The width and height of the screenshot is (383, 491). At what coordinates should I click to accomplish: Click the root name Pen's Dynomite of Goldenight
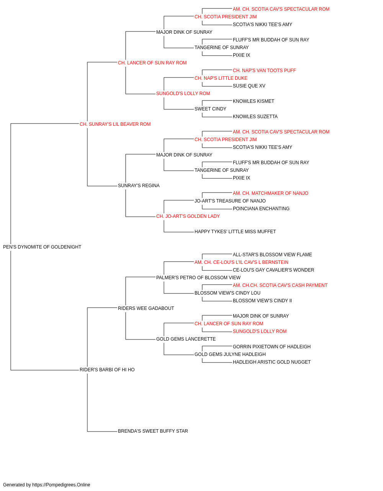[x=42, y=247]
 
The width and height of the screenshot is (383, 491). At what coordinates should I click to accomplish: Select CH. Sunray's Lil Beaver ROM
[x=115, y=124]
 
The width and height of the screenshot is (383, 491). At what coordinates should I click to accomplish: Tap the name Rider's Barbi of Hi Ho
[x=107, y=370]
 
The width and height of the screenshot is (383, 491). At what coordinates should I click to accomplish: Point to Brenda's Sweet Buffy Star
[x=153, y=431]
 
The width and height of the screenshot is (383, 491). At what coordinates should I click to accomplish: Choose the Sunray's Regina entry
[x=139, y=186]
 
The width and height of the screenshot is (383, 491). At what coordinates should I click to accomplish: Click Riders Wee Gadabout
[x=146, y=308]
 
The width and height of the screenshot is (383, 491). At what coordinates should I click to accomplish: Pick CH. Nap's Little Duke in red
[x=221, y=78]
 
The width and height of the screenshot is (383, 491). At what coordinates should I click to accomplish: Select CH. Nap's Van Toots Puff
[x=264, y=71]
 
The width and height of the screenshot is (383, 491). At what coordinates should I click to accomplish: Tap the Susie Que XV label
[x=249, y=86]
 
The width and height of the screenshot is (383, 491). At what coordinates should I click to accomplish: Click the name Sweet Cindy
[x=210, y=109]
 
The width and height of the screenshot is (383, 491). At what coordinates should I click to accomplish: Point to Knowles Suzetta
[x=255, y=117]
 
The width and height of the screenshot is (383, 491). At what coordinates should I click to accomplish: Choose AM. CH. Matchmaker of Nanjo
[x=270, y=193]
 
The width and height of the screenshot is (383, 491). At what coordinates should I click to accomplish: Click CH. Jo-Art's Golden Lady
[x=188, y=216]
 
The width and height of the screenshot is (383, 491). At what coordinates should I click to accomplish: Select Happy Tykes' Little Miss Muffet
[x=235, y=232]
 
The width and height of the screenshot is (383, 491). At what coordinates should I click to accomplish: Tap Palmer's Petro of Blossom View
[x=198, y=278]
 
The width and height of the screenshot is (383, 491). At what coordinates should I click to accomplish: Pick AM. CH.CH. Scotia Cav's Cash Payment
[x=280, y=285]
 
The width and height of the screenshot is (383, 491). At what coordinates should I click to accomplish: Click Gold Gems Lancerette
[x=186, y=339]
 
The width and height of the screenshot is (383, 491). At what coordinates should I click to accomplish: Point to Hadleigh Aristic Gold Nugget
[x=272, y=362]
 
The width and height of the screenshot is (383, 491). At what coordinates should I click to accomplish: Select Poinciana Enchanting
[x=261, y=209]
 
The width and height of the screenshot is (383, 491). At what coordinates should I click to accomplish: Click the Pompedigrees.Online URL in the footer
[x=61, y=485]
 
